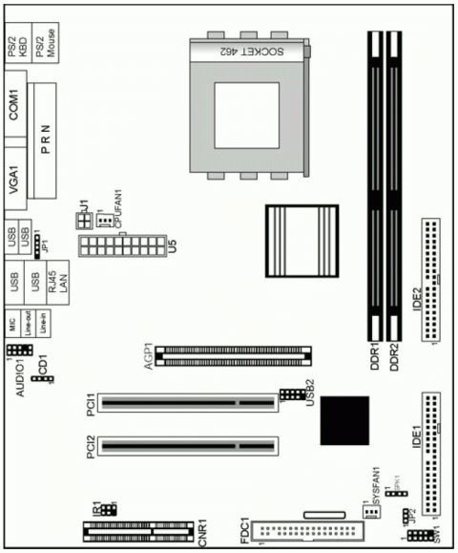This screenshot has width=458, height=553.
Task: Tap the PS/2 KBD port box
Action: pos(17,43)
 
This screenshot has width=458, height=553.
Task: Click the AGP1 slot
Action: pos(235,354)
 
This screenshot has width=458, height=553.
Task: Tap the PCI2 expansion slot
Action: pos(187,445)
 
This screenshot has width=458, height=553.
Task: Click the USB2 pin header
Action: pos(292,394)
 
